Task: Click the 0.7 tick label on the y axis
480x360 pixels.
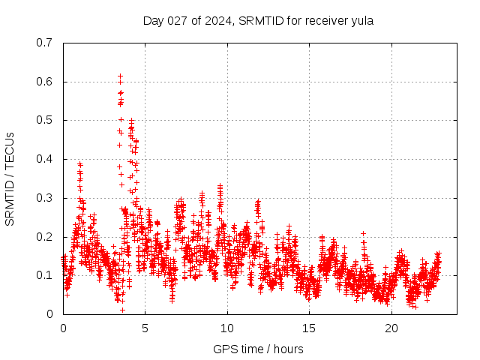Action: [43, 43]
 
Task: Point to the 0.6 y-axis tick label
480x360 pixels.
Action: [43, 82]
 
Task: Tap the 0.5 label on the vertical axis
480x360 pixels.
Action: [43, 120]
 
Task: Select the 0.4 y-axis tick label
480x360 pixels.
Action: [43, 159]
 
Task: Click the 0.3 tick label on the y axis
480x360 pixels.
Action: [43, 198]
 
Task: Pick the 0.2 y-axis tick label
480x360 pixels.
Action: [43, 236]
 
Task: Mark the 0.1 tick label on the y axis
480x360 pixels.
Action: [43, 275]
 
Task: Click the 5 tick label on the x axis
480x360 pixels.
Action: [145, 328]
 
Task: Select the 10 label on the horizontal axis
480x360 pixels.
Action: [227, 328]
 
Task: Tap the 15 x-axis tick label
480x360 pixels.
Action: [310, 328]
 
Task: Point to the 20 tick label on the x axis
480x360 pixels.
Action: [391, 328]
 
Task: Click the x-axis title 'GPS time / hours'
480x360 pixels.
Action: [258, 349]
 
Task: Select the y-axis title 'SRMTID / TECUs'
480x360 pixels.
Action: [10, 178]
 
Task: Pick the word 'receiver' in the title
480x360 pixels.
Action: [325, 20]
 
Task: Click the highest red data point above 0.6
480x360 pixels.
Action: [120, 76]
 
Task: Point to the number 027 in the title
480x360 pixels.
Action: [178, 20]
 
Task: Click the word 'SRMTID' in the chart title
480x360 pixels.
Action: [259, 20]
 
